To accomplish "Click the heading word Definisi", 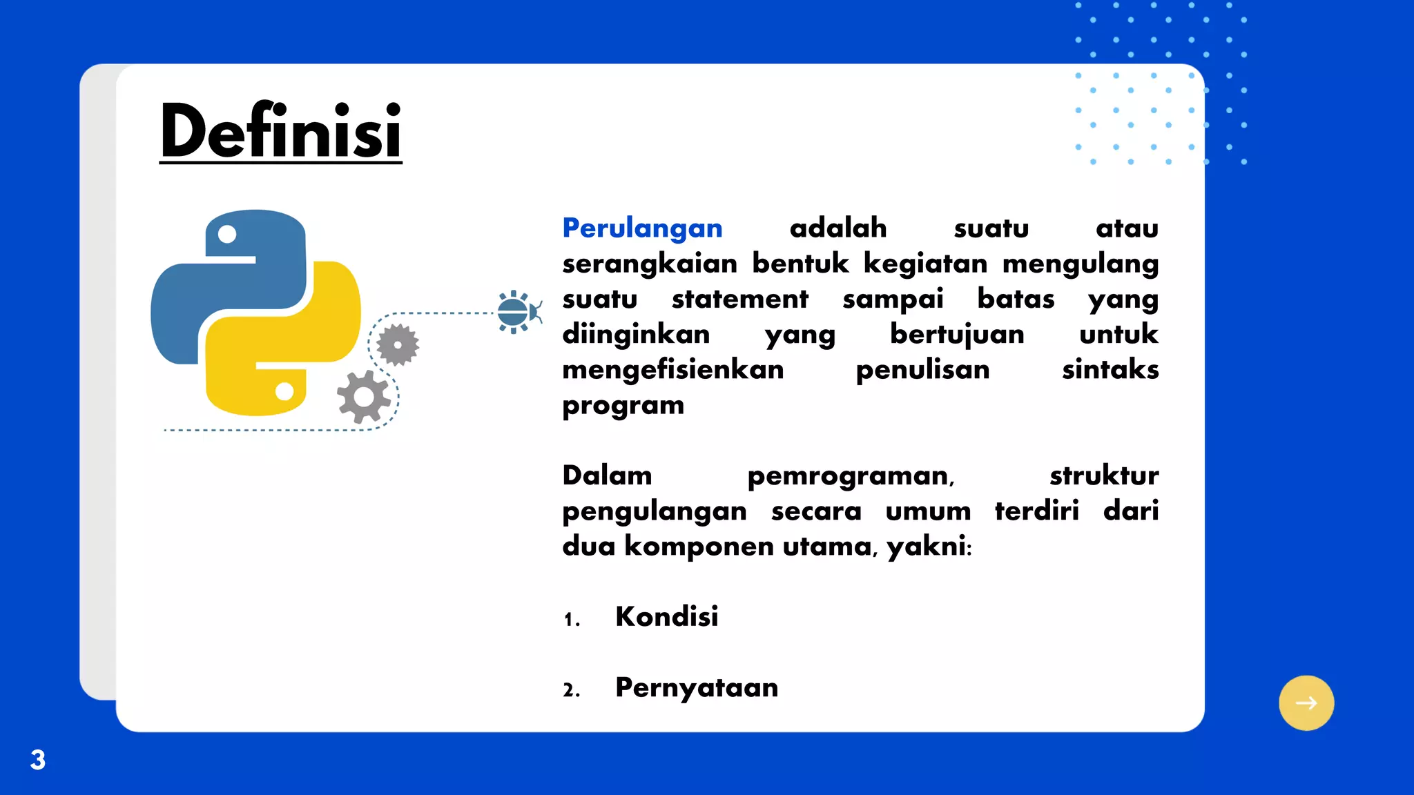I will point(280,131).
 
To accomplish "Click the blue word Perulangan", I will point(642,228).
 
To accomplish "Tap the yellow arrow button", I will point(1306,703).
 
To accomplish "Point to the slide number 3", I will point(38,760).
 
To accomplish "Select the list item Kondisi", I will point(666,616).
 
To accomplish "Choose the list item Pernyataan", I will point(696,687).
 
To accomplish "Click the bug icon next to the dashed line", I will point(516,312).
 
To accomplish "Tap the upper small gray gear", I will point(398,344).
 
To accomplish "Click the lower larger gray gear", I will point(363,397).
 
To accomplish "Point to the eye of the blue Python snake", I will point(227,235).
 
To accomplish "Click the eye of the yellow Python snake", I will point(284,391).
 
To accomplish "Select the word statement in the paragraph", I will point(739,300).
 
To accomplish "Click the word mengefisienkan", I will point(672,370).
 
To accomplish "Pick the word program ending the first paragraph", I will point(623,406).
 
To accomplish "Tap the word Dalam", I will point(607,475).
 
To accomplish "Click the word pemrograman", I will point(851,476).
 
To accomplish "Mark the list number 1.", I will point(571,619).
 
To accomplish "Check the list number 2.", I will point(571,690).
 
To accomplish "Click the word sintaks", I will point(1110,370).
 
